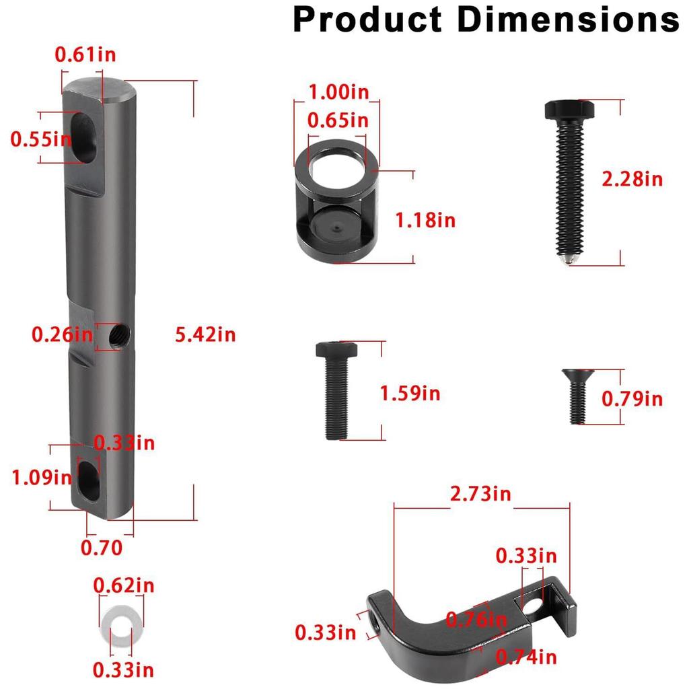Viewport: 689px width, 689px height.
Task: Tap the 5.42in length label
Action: coord(205,334)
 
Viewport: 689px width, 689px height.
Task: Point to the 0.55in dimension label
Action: coord(40,139)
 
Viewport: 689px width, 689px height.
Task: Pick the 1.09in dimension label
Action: coord(41,477)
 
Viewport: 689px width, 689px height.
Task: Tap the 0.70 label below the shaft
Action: coord(102,548)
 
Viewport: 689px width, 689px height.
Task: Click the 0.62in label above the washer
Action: coord(124,585)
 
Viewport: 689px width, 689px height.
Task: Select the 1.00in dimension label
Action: coord(338,91)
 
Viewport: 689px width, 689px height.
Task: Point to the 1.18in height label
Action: coord(425,219)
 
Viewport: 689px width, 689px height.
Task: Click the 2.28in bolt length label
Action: coord(632,179)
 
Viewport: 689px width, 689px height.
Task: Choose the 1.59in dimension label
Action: coord(410,393)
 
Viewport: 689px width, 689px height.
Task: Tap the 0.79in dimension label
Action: coord(632,399)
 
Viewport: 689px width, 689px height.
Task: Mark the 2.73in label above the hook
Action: coord(480,494)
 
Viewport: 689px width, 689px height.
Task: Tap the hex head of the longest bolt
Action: coord(569,109)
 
